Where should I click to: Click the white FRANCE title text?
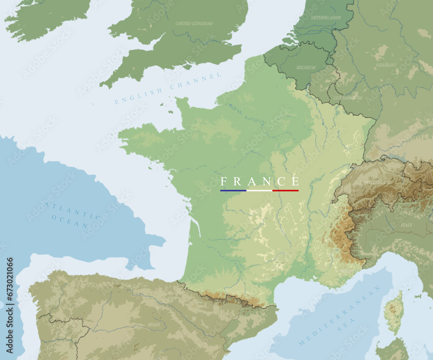259,181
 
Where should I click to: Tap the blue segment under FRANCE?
233,191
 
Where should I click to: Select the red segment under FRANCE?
286,191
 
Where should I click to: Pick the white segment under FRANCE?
259,191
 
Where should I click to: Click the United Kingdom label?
194,23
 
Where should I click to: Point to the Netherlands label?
326,18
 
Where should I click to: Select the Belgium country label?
306,68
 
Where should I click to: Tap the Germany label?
386,65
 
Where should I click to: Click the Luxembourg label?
348,98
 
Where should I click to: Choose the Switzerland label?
378,183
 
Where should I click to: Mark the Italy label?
407,225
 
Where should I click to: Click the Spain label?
154,324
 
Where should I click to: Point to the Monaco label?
349,271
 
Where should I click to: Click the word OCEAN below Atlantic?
70,221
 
